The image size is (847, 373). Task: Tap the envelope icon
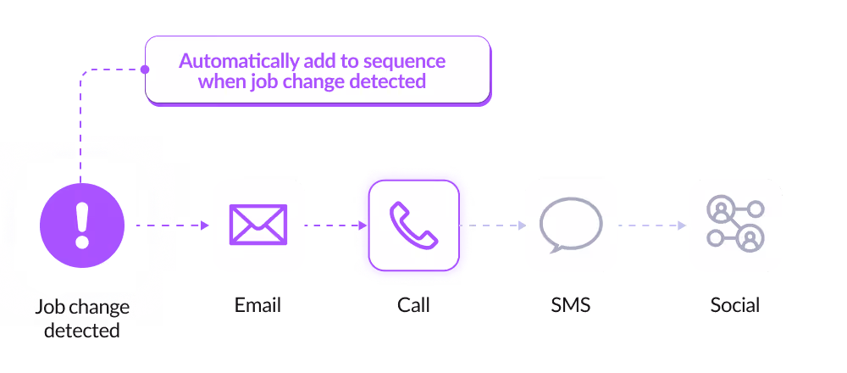[x=258, y=225]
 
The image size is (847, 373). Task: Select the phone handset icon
[x=413, y=225]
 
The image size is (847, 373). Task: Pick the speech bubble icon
[x=570, y=225]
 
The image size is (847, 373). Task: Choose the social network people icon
[x=735, y=225]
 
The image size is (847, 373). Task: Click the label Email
[x=257, y=304]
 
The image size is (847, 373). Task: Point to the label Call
[x=413, y=304]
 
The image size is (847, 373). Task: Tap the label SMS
[x=570, y=304]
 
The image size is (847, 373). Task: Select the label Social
[x=735, y=304]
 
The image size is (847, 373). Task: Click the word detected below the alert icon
[x=82, y=330]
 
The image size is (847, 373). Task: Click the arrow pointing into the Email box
[x=202, y=225]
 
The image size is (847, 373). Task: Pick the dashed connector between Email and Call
[x=330, y=225]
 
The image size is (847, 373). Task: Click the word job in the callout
[x=259, y=82]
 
